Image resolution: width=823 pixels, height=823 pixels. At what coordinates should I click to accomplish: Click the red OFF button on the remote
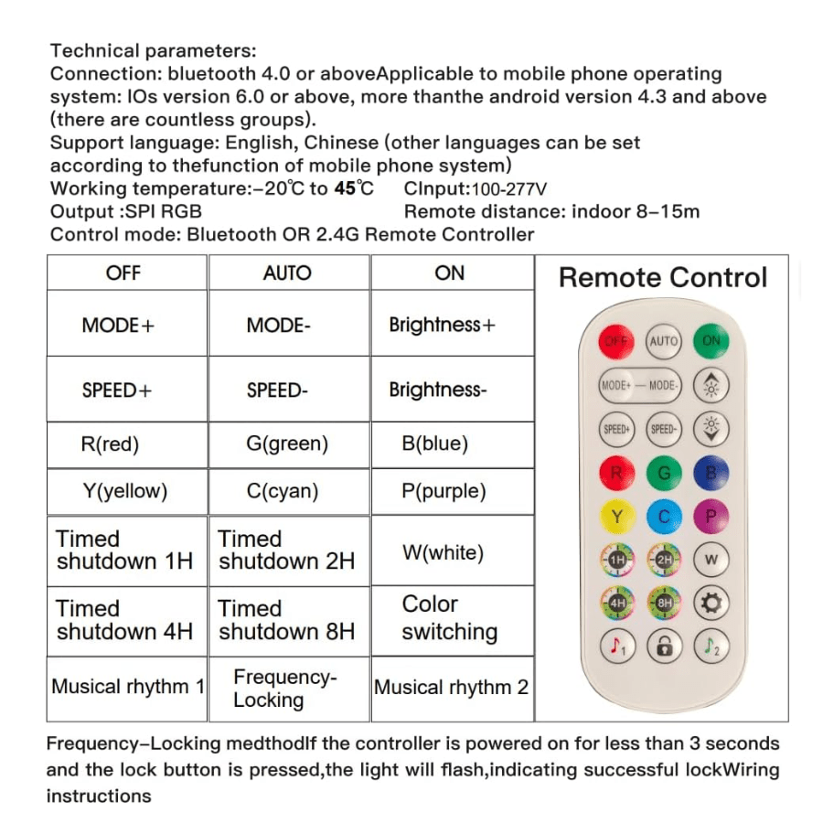click(x=616, y=341)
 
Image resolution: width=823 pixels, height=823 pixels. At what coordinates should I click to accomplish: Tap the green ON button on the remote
click(x=711, y=341)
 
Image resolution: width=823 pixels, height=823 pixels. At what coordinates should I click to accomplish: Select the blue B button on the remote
click(x=711, y=473)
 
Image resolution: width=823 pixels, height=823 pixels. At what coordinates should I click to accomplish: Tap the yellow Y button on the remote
click(x=616, y=517)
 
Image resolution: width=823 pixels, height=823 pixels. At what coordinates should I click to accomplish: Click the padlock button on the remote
click(x=663, y=647)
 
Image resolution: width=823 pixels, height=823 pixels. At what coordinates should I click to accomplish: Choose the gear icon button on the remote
click(x=711, y=603)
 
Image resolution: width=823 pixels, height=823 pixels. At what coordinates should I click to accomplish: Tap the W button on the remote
click(x=711, y=560)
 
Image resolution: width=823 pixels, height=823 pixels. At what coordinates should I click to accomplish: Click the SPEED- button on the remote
click(x=663, y=429)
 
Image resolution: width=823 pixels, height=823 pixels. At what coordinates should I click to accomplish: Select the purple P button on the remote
click(x=711, y=517)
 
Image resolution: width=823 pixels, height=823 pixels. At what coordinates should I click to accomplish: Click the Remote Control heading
click(x=663, y=278)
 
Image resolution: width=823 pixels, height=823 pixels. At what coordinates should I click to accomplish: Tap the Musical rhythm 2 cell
click(x=451, y=688)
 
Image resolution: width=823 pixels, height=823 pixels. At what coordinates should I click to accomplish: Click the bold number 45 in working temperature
click(x=345, y=189)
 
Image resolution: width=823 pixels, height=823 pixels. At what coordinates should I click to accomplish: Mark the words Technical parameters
click(x=153, y=51)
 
